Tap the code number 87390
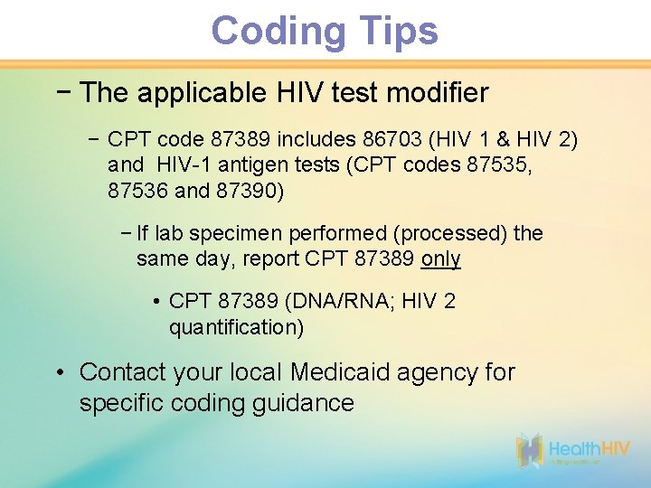click(249, 191)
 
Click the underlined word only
click(441, 259)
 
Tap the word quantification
click(236, 327)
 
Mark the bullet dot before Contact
click(59, 372)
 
